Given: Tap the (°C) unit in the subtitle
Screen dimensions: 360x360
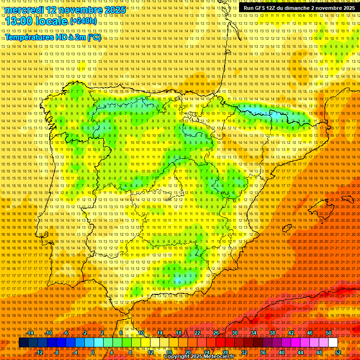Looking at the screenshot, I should (94, 37).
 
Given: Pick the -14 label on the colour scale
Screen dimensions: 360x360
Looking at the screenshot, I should (30, 333).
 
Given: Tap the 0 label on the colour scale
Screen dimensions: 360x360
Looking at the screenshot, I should (93, 352).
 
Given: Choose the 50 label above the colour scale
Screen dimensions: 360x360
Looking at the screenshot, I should (329, 333).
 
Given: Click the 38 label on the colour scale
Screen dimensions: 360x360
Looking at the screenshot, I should (272, 333).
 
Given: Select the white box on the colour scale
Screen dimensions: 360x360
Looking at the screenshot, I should (333, 343).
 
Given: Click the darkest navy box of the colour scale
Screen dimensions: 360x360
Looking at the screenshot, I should (23, 343).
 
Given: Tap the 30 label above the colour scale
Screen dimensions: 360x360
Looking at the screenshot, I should (235, 333).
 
